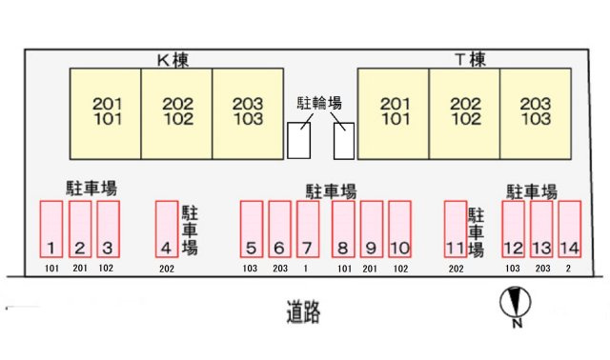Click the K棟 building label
point(173,60)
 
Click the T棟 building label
point(470,60)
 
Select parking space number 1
point(51,229)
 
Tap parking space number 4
point(167,229)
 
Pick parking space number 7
point(308,229)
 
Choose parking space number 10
point(400,229)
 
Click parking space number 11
point(456,229)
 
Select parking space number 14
point(570,229)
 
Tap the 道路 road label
point(303,311)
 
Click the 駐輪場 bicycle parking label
point(319,103)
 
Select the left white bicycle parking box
point(298,141)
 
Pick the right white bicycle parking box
point(344,141)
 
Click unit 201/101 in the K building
point(106,114)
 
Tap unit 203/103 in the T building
point(536,114)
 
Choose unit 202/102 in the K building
point(176,114)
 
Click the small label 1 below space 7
point(306,269)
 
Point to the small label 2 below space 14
point(568,269)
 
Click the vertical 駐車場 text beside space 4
point(190,230)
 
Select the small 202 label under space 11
point(456,269)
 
